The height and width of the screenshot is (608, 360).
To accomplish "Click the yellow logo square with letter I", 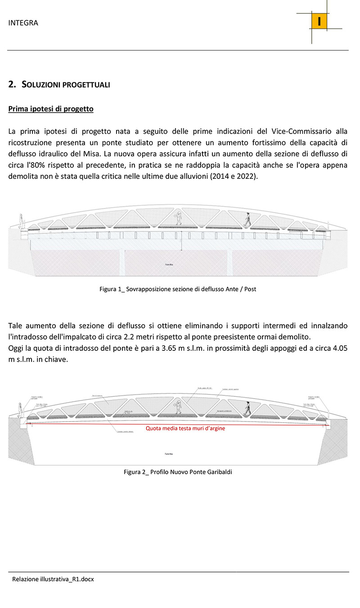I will click(319, 22).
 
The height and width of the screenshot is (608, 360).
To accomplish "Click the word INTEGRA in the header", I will click(23, 23).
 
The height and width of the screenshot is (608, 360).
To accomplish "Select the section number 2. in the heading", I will click(13, 84).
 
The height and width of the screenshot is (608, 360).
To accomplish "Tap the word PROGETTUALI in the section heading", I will click(85, 85).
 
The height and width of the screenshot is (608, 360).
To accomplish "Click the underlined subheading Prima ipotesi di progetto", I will click(51, 109).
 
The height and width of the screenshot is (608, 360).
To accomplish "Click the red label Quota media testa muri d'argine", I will click(185, 429).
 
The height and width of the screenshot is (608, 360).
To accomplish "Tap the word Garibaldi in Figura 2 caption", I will click(218, 472).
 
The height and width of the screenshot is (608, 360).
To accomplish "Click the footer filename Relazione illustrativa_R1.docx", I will click(53, 579).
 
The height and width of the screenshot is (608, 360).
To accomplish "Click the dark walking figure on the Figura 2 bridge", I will click(247, 407).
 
